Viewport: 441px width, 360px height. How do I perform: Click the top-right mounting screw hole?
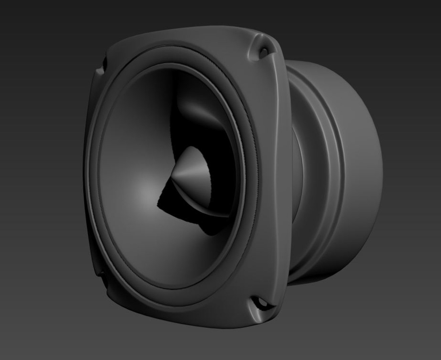click(x=263, y=51)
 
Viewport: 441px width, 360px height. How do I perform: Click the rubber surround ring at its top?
click(x=173, y=55)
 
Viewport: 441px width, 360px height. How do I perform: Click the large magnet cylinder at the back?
click(x=360, y=167)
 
